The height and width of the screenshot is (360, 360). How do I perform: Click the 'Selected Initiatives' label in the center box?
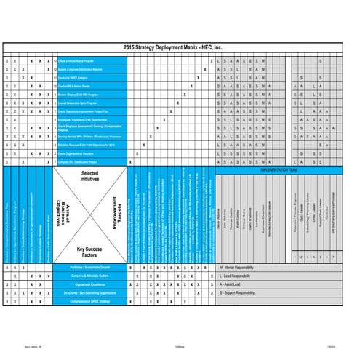90,176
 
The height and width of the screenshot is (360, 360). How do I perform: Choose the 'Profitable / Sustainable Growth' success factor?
90,268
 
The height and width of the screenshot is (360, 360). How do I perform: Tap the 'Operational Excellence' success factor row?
90,284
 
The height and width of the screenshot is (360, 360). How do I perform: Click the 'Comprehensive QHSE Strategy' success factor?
90,300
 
